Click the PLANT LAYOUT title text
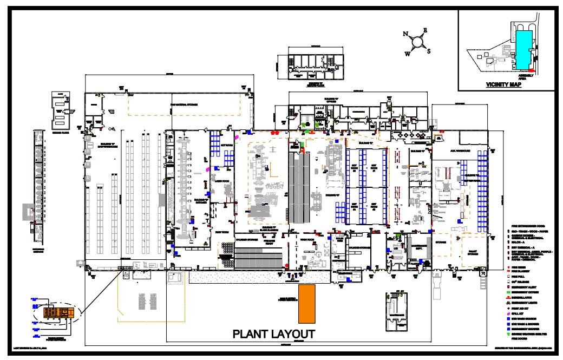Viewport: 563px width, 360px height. coord(273,334)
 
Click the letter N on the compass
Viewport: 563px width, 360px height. coord(405,34)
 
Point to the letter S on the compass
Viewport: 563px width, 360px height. coord(429,51)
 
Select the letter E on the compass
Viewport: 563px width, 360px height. coord(425,30)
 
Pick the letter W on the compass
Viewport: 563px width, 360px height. coord(408,54)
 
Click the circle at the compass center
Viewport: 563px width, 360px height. coord(417,42)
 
